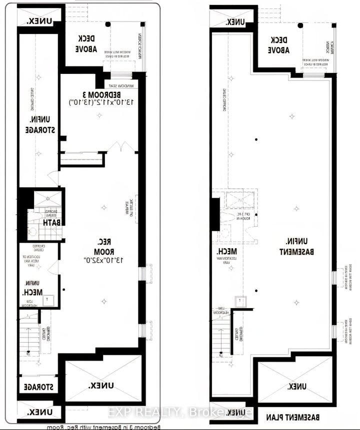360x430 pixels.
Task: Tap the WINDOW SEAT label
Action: click(122, 86)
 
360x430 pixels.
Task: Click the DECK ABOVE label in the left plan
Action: click(86, 45)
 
